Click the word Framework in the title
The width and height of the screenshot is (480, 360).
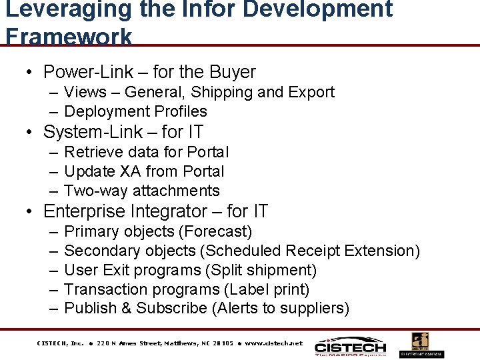69,36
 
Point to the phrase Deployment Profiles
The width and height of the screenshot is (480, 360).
135,111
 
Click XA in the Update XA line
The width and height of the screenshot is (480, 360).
130,171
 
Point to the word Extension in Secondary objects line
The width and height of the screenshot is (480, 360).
387,251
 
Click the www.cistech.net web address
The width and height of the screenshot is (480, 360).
273,343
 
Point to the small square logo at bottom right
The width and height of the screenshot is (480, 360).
419,341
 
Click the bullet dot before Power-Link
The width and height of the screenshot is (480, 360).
29,73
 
